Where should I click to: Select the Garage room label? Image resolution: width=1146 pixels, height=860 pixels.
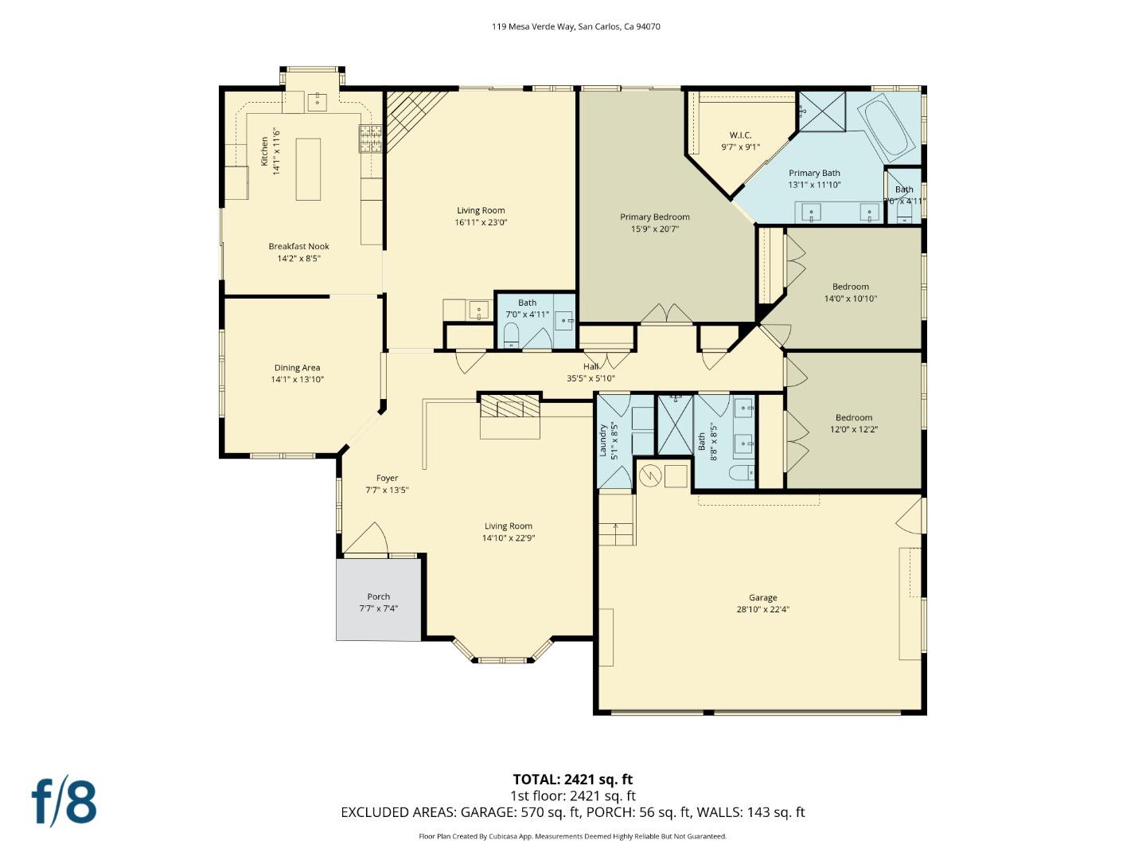(x=762, y=597)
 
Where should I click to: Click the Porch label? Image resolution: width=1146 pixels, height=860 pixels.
(x=379, y=596)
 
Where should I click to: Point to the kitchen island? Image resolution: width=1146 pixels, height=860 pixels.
(x=308, y=169)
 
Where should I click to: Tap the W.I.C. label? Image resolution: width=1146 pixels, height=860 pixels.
(x=740, y=135)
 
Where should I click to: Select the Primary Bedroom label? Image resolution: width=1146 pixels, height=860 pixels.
(x=655, y=217)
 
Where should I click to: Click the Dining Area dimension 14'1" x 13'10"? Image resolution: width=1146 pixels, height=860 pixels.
(x=298, y=380)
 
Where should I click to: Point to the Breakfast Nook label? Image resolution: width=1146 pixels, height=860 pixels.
(x=298, y=246)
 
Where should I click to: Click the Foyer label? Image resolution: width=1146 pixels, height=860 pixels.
(x=387, y=478)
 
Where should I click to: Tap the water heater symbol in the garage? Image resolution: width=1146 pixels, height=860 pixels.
(x=650, y=475)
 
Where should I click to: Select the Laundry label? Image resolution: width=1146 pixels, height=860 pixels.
(x=603, y=440)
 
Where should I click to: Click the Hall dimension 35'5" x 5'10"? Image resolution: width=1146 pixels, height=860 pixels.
(x=591, y=379)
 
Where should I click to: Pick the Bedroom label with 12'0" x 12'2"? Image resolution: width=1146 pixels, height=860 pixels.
(x=854, y=417)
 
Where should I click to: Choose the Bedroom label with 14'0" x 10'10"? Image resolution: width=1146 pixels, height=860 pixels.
(x=851, y=287)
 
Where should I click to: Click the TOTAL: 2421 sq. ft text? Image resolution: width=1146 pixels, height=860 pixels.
(x=572, y=780)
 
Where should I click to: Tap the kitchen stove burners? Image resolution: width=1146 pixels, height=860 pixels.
(x=372, y=139)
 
